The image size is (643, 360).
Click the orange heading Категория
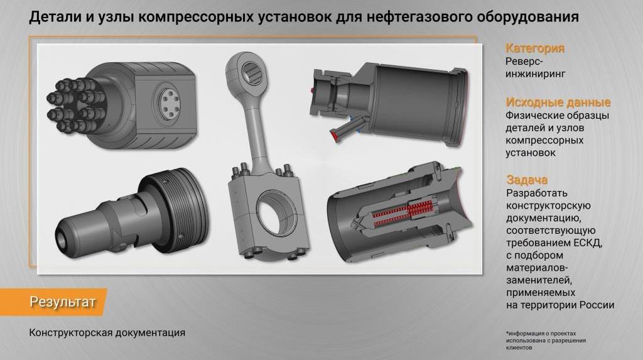click(535, 48)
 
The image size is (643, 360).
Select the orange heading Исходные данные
click(558, 102)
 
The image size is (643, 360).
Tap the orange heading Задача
click(527, 180)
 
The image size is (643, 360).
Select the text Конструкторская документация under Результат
click(107, 332)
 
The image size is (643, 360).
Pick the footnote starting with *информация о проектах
click(546, 341)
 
